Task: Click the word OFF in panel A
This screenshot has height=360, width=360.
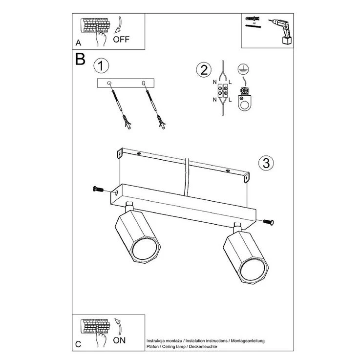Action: (121, 40)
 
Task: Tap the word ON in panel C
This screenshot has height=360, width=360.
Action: (119, 340)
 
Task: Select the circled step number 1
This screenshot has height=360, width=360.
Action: (101, 66)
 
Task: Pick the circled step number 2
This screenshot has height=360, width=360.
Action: (204, 70)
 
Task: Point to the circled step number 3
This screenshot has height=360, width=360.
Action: (266, 163)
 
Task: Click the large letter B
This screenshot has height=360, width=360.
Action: (80, 59)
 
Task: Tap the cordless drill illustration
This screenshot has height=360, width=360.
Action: (281, 31)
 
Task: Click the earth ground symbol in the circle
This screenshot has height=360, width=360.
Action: (243, 69)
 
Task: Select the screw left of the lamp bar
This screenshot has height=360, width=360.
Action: (98, 189)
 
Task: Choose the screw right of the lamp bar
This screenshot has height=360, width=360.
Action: (268, 222)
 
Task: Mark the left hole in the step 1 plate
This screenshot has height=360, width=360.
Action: (109, 83)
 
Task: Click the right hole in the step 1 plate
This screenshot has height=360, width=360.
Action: (144, 83)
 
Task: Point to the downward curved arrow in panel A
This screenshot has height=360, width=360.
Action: (119, 24)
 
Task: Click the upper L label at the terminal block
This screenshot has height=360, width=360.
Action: (230, 82)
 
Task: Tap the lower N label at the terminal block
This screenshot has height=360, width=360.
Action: (214, 100)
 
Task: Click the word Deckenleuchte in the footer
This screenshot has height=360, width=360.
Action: (203, 346)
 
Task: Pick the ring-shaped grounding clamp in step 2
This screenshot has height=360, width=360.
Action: (245, 99)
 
